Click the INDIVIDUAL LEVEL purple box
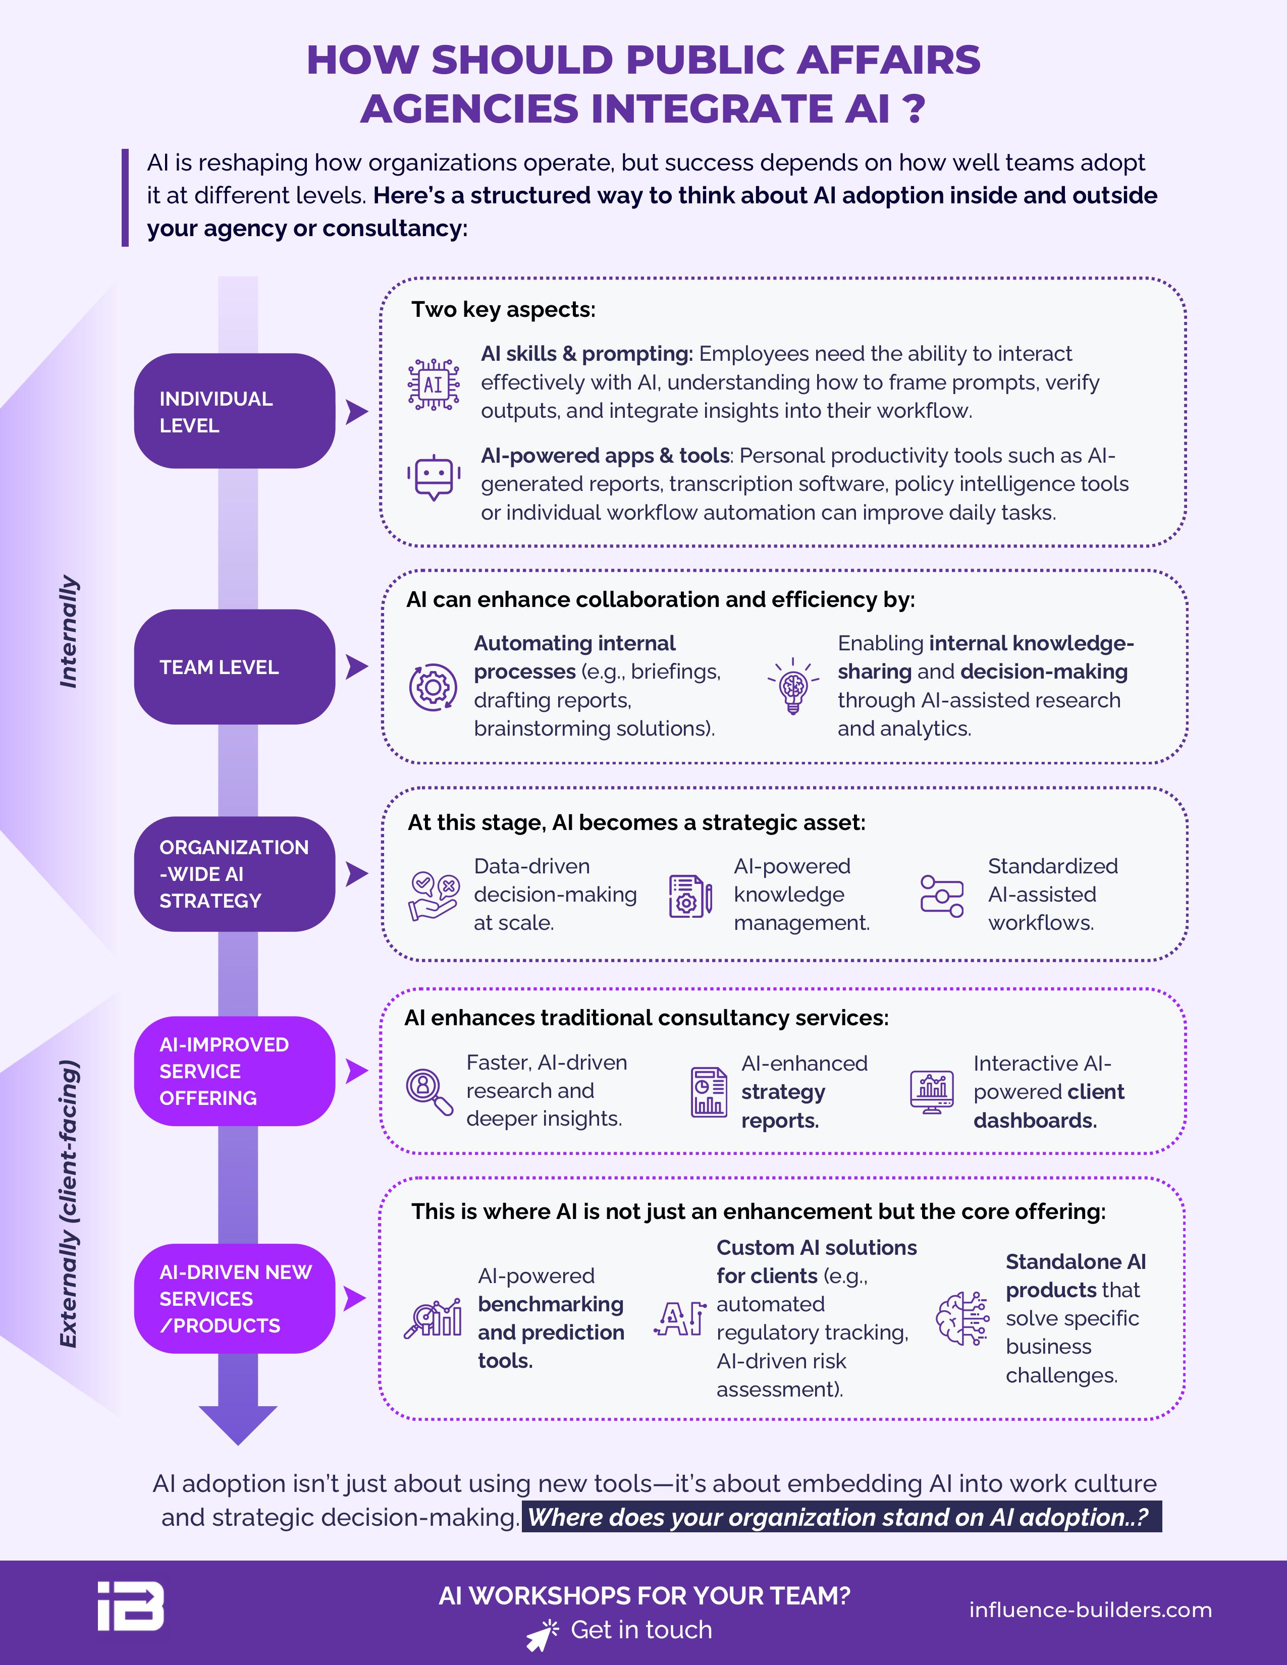point(235,411)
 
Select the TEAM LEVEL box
point(235,667)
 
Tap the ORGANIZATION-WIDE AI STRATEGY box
point(235,874)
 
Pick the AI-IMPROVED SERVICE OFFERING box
point(235,1071)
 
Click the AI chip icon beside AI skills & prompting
point(433,385)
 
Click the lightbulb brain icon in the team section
point(793,685)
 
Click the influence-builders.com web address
point(1090,1609)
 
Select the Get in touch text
point(641,1629)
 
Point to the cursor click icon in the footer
point(542,1635)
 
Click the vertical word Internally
point(69,631)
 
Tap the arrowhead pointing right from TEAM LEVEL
point(357,667)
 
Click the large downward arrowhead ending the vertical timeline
point(238,1425)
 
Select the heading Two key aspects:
point(503,309)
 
